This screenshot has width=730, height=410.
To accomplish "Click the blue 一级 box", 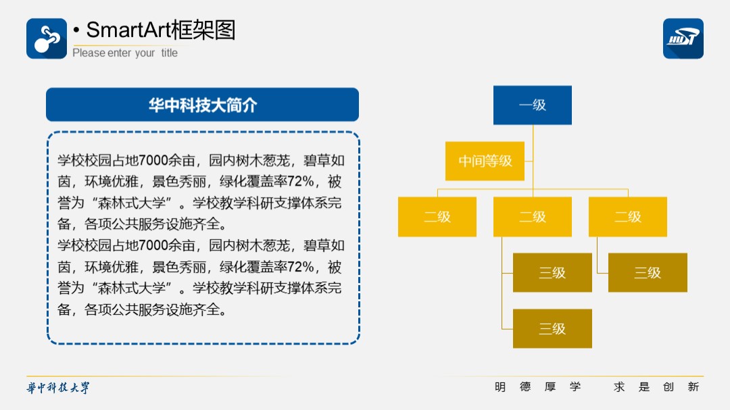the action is (533, 105).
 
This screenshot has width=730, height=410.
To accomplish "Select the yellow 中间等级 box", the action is (485, 161).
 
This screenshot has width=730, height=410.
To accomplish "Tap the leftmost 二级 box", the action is (437, 217).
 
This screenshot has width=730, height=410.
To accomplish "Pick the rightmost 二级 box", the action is (627, 217).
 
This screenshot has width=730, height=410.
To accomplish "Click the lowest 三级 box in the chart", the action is (552, 328).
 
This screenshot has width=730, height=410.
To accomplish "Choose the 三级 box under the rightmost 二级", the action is (648, 273).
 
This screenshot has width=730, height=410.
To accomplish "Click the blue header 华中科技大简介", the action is (203, 105).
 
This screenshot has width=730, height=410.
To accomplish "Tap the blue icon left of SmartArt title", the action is (47, 39).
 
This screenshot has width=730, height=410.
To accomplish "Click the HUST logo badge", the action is (683, 39).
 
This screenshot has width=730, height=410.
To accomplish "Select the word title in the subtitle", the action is (170, 53).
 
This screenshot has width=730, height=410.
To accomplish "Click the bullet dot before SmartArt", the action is (76, 30).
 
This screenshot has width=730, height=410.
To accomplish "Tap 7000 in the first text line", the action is (153, 161).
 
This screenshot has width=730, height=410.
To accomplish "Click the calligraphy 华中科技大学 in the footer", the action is (57, 388).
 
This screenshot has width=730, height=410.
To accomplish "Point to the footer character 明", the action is (500, 387).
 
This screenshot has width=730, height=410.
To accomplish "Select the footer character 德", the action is (525, 387).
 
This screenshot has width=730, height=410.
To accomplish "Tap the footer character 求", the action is (619, 387).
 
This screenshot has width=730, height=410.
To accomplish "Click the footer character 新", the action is (693, 387).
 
